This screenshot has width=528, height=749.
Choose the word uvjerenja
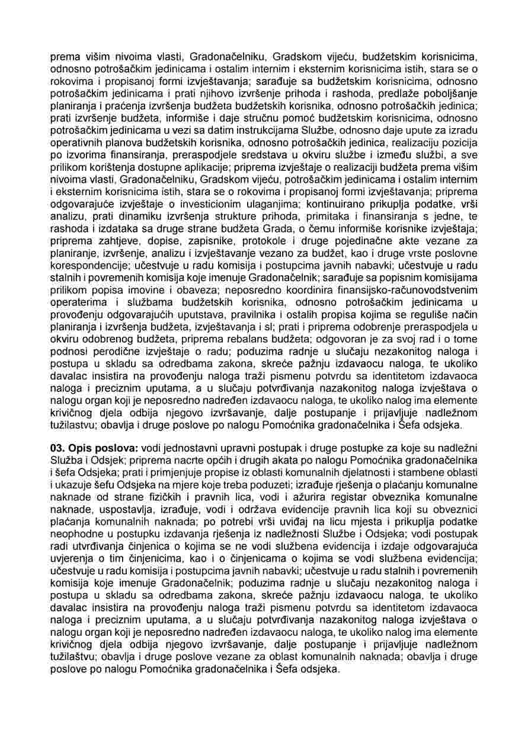pyautogui.click(x=72, y=558)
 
